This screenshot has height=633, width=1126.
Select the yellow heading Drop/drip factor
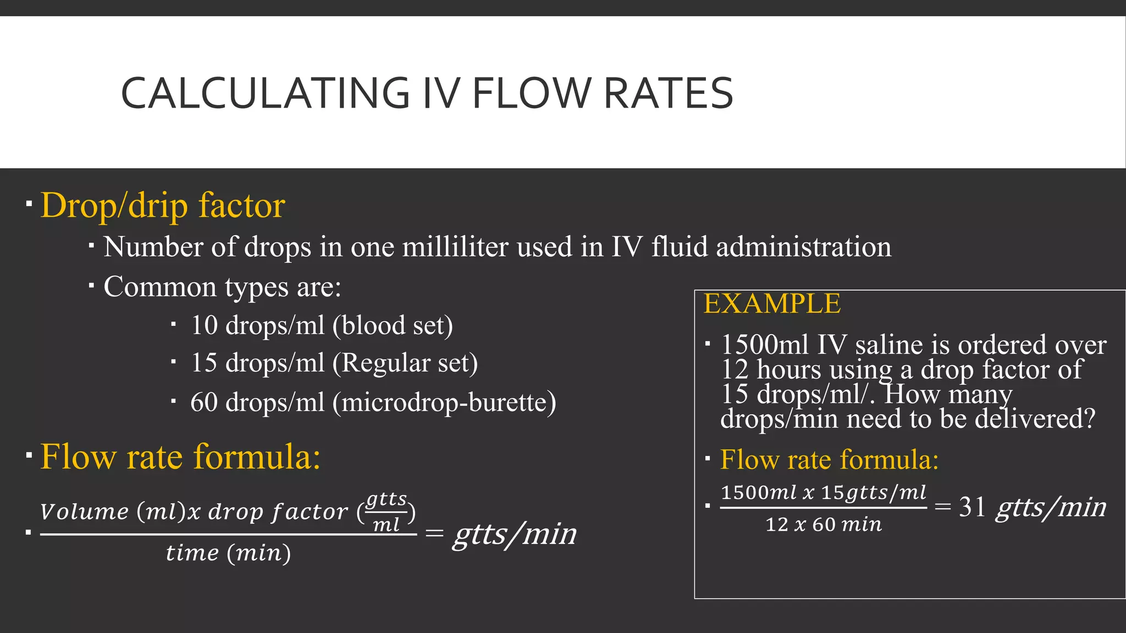point(163,206)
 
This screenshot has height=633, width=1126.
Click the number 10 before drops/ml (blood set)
point(204,325)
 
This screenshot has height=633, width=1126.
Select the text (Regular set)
point(405,363)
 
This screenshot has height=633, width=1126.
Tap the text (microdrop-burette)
point(444,402)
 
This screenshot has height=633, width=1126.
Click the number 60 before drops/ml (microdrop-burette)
point(204,402)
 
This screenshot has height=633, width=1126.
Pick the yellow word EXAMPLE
point(772,304)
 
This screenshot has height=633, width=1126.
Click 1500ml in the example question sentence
point(764,345)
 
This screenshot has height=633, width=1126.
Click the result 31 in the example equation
point(972,507)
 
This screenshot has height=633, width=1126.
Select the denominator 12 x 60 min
point(823,525)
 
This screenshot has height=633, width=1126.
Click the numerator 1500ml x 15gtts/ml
point(823,492)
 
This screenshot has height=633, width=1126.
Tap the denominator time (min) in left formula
point(228,553)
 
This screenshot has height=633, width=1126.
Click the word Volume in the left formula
point(84,512)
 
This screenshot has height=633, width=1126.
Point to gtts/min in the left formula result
point(515,534)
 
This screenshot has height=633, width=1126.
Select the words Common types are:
point(222,287)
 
